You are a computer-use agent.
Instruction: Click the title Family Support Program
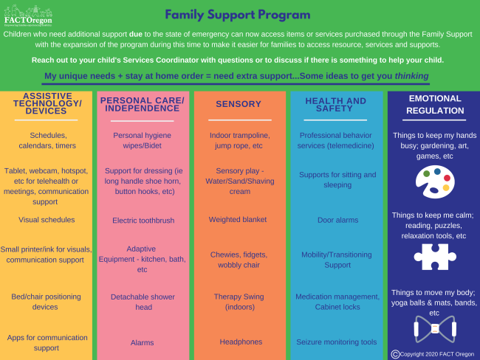click(x=237, y=15)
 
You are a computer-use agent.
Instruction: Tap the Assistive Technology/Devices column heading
click(x=47, y=103)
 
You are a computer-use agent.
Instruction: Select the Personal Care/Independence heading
click(x=143, y=104)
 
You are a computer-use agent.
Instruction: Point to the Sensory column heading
click(x=239, y=104)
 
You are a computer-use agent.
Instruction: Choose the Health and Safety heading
click(x=335, y=104)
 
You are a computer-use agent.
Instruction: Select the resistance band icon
click(x=433, y=328)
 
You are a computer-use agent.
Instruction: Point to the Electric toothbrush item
click(x=143, y=220)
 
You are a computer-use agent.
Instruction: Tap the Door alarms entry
click(x=337, y=220)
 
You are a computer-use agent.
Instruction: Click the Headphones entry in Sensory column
click(x=239, y=342)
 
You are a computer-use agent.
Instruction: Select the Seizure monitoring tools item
click(x=337, y=342)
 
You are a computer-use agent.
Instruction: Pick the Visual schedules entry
click(x=47, y=219)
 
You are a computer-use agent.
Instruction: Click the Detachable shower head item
click(x=143, y=302)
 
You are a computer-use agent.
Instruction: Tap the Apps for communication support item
click(x=47, y=342)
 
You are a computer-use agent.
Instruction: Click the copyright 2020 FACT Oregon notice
click(x=434, y=354)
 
